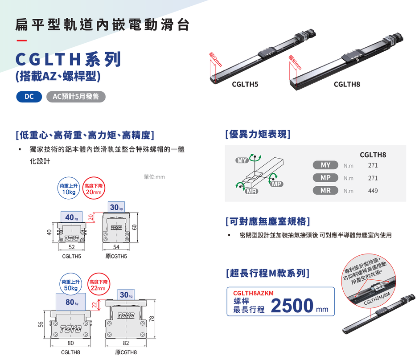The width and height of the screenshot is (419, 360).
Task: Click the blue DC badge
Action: pyautogui.click(x=29, y=97)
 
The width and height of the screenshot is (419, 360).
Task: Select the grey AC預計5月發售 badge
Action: pyautogui.click(x=76, y=97)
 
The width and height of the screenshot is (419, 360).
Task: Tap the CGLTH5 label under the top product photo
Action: pyautogui.click(x=245, y=84)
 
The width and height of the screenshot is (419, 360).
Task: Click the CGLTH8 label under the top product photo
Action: pyautogui.click(x=347, y=84)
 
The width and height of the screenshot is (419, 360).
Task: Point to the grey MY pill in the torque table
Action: pyautogui.click(x=325, y=165)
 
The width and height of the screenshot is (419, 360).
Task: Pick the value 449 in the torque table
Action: pyautogui.click(x=373, y=191)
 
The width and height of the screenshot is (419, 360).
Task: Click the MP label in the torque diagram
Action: pyautogui.click(x=276, y=184)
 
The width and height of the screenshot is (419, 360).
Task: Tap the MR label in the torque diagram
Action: pyautogui.click(x=251, y=191)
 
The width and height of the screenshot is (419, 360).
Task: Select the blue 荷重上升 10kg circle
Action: pyautogui.click(x=69, y=188)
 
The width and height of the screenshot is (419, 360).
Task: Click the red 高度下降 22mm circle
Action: pyautogui.click(x=99, y=284)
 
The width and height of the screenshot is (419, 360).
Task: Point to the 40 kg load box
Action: pyautogui.click(x=71, y=217)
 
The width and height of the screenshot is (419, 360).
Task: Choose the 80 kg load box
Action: pyautogui.click(x=71, y=302)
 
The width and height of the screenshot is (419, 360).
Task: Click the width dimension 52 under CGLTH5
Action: pyautogui.click(x=72, y=247)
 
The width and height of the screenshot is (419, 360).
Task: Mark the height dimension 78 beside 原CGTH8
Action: pyautogui.click(x=152, y=319)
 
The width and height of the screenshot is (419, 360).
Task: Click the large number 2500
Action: pyautogui.click(x=292, y=305)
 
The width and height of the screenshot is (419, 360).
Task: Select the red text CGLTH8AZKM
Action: pyautogui.click(x=253, y=293)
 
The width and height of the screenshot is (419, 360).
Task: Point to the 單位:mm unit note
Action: pyautogui.click(x=154, y=177)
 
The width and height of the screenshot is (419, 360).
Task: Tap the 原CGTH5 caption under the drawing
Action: pyautogui.click(x=116, y=256)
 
